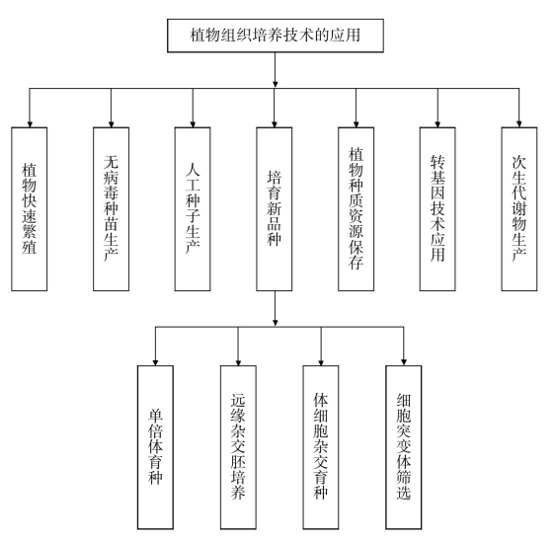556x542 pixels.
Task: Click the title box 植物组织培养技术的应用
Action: pos(276,36)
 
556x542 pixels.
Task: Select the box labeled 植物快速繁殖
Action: pos(29,209)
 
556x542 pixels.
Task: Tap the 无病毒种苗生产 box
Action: pos(111,209)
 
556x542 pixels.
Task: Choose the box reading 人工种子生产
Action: pos(193,209)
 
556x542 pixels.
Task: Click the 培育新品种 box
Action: pos(275,209)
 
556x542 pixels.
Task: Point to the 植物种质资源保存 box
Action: pos(356,209)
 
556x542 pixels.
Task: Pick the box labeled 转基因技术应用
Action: pos(437,209)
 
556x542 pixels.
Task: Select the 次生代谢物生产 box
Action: pos(519,209)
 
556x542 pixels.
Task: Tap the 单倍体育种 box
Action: pos(155,447)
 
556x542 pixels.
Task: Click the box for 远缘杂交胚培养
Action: pos(238,447)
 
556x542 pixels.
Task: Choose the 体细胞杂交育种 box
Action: pos(321,447)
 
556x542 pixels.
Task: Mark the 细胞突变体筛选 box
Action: pos(404,447)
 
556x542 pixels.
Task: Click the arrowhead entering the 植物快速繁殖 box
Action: pos(30,124)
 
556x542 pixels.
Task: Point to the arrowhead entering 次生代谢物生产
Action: pos(519,124)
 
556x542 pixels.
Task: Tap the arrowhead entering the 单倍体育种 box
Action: pos(155,362)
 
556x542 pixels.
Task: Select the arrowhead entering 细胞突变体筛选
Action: pos(404,362)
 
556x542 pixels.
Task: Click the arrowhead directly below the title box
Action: pos(276,85)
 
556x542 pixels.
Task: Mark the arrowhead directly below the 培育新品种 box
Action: pos(276,323)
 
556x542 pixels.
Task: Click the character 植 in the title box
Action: pos(198,36)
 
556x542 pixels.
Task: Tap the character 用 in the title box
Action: pos(354,36)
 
